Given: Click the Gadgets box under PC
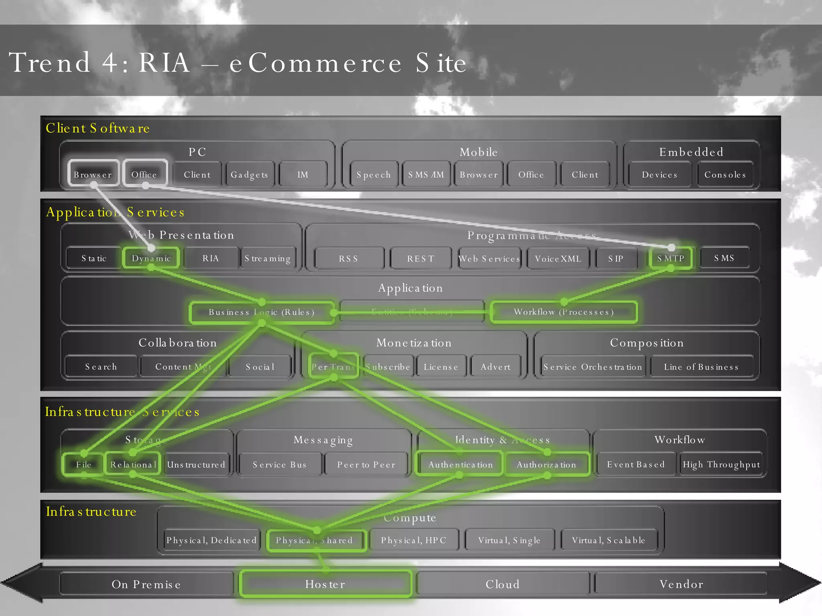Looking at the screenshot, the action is point(249,174).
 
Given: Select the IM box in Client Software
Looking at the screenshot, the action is point(303,174).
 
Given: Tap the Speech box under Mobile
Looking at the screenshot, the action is point(374,174).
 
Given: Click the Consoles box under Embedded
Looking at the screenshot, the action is point(725,174).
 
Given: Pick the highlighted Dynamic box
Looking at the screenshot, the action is point(151,258).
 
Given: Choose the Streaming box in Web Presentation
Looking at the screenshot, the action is point(268,258).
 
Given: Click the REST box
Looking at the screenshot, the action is point(421,259).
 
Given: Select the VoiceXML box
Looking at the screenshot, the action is point(558,259).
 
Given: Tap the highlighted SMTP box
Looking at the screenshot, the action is point(671,258).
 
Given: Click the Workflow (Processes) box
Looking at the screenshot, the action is point(564,312).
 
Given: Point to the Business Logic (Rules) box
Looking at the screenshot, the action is point(262,312).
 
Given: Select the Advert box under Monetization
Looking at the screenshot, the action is point(496,367).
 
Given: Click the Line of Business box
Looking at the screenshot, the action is point(701,367).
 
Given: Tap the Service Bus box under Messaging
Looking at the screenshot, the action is point(280,464).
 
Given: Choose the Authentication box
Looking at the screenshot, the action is point(460,464).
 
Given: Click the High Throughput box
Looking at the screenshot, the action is point(721,464).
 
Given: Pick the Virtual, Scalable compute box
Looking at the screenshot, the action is point(608,540).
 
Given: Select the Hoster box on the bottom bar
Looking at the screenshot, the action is point(325,584).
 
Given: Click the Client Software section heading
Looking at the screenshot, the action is point(98,128).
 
